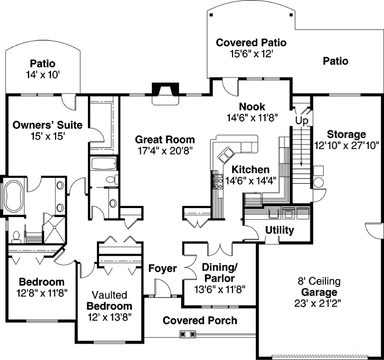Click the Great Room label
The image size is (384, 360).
(165, 140)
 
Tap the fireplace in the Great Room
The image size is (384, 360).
(162, 93)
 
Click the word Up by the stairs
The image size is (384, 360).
(301, 121)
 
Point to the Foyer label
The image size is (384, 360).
(162, 269)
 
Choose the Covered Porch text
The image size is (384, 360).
(200, 320)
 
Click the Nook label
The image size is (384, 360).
(252, 106)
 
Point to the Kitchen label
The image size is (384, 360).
(251, 170)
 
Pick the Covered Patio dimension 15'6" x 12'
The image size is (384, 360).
(251, 53)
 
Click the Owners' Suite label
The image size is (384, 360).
(48, 125)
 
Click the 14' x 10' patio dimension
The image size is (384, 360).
(42, 75)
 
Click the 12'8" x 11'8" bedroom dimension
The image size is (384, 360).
(41, 292)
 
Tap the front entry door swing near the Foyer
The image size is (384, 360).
(164, 289)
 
